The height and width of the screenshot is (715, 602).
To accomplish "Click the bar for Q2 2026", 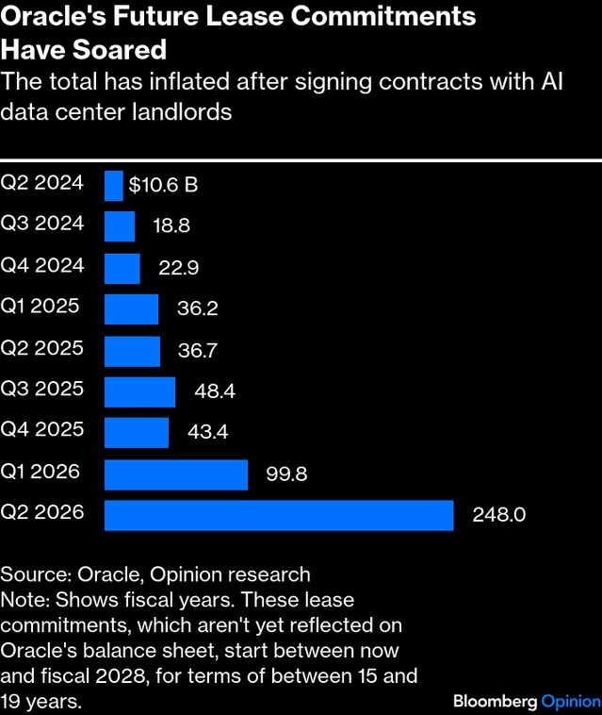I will [279, 515].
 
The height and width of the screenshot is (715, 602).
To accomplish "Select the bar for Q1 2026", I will [175, 474].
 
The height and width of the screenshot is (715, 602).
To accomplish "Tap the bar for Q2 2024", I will [113, 185].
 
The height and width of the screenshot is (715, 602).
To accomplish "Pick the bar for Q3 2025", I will [139, 391].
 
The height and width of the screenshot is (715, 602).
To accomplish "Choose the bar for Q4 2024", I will [122, 268].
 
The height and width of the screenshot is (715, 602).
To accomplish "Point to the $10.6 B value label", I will [163, 185].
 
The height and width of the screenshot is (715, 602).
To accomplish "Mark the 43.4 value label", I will [208, 433].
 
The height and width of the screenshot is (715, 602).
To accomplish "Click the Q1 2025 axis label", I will [41, 306].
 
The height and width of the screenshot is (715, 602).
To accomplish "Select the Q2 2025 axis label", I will [42, 347].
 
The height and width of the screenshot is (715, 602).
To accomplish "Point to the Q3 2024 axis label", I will [42, 224].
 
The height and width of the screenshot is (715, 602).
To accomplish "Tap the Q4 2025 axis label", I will [42, 429].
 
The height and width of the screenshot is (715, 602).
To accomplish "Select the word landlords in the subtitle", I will [187, 112].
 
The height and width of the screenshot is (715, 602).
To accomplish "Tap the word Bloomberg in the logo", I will [496, 701].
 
